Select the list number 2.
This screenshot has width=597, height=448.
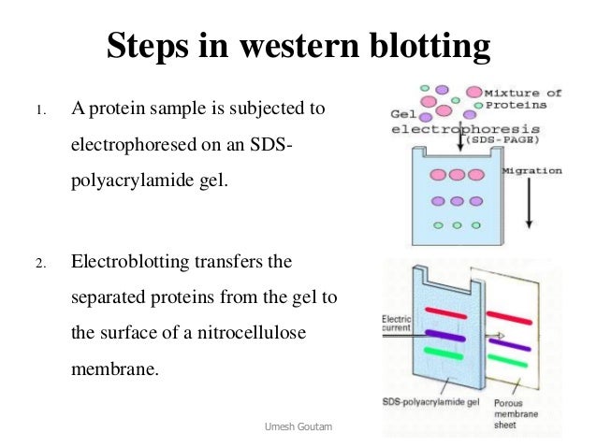[x=38, y=262]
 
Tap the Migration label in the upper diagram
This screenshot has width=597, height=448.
[x=532, y=171]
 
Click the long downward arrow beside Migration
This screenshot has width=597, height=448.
[x=529, y=200]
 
